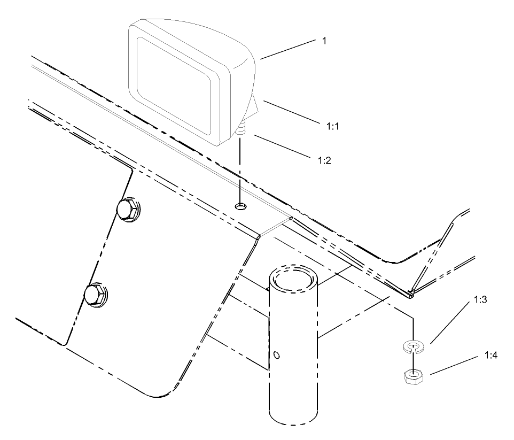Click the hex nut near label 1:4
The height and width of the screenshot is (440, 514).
410,378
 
